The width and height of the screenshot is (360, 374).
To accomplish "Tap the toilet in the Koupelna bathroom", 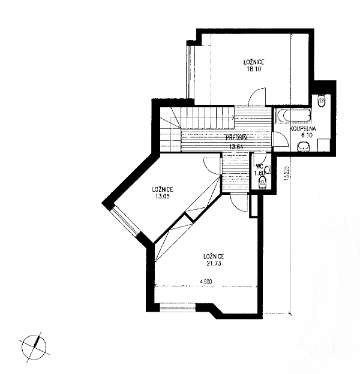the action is [322, 101].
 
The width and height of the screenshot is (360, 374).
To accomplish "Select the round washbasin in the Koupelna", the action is [304, 146].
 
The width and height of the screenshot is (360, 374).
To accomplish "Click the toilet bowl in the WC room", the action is [263, 182].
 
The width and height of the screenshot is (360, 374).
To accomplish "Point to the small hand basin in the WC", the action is [269, 170].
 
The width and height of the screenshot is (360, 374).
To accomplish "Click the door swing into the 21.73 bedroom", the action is [238, 204].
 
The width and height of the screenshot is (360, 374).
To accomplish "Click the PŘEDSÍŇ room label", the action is [236, 138].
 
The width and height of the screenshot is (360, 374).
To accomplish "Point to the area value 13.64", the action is [236, 147].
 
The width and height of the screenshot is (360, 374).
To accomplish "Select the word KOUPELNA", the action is [303, 129].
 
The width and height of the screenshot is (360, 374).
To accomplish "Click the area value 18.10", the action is [254, 69].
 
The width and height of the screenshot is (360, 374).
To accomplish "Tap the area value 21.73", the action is [214, 264].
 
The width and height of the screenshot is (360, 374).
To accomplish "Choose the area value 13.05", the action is [163, 197].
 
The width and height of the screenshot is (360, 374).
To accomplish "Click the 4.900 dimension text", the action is [206, 282].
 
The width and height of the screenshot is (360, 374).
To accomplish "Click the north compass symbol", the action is [34, 347].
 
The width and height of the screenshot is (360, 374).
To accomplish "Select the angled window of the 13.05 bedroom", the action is [125, 221].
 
